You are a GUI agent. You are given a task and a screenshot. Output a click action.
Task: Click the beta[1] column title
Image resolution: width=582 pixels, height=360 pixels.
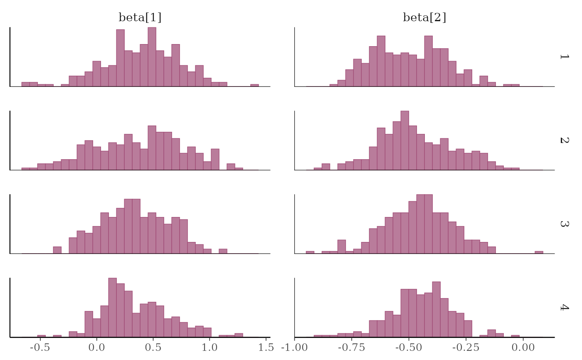[140, 17]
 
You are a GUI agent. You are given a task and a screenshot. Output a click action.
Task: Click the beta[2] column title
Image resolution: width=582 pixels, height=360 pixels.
[424, 17]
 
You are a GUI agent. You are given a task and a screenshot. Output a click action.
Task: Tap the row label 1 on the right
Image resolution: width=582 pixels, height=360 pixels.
[564, 57]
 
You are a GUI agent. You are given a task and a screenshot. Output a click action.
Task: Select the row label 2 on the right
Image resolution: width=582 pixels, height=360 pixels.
[564, 140]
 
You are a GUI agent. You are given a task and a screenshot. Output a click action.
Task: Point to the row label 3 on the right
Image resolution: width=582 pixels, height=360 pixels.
[564, 224]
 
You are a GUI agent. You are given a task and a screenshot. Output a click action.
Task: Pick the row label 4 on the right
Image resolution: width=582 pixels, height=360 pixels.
[564, 307]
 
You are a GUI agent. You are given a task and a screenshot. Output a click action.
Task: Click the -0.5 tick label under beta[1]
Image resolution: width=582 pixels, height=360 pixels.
[40, 347]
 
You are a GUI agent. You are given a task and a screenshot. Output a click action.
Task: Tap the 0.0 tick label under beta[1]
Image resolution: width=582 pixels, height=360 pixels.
[96, 347]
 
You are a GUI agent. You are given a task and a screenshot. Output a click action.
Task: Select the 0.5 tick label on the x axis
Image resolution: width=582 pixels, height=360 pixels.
[153, 347]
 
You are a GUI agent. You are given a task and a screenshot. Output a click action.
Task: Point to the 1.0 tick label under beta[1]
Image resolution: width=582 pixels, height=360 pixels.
[210, 347]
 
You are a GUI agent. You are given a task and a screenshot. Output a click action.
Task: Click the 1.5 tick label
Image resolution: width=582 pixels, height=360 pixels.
[266, 347]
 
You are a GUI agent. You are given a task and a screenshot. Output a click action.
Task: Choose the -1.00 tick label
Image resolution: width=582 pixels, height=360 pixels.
[294, 347]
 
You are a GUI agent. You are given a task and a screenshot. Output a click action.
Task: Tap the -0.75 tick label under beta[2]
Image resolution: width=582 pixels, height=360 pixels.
[352, 347]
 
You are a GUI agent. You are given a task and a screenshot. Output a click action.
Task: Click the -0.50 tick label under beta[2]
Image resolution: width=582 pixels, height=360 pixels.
[409, 347]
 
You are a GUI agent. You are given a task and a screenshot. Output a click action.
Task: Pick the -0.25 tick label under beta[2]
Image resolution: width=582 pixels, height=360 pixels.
[466, 347]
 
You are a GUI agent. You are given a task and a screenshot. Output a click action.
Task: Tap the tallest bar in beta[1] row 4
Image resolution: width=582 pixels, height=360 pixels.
[112, 308]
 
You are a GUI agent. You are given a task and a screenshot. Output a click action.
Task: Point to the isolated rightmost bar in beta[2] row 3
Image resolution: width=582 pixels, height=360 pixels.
[539, 252]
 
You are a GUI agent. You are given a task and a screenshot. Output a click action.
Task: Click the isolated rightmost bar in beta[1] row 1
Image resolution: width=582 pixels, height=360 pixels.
[254, 85]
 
